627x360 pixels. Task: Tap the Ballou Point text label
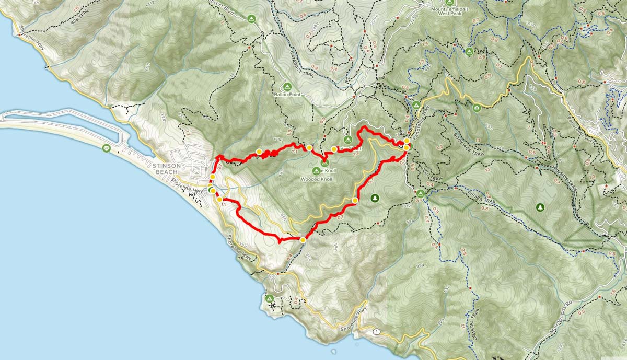pos(286,95)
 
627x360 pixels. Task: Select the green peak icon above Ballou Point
pos(286,86)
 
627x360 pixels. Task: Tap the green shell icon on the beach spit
pos(107,148)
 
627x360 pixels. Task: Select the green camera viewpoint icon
pos(476,108)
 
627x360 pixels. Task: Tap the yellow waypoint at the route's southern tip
pos(303,240)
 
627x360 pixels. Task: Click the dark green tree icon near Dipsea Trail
pos(374,198)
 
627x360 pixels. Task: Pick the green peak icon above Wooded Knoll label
pos(317,171)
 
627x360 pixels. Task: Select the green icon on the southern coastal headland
pos(270,298)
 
